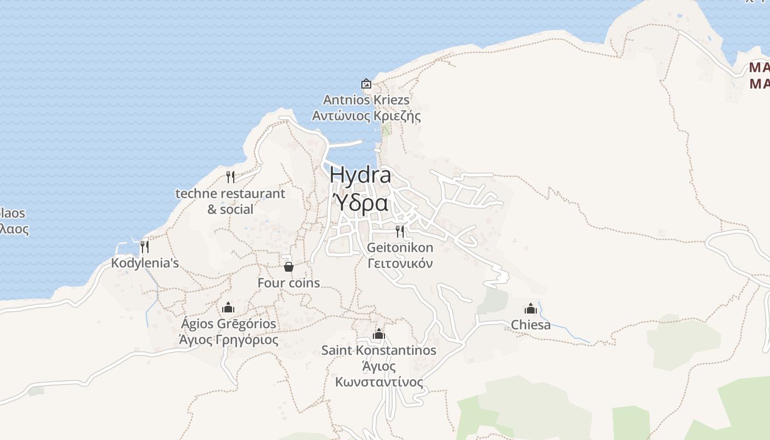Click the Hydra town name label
(360, 175)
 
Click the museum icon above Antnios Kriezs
(366, 84)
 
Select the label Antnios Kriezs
(366, 100)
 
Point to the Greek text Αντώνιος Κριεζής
(366, 116)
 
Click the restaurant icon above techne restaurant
(230, 177)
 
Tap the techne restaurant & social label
(230, 201)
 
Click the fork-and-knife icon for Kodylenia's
(145, 246)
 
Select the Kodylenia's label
(145, 263)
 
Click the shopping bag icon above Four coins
(288, 267)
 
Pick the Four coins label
(289, 283)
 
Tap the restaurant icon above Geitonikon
(400, 231)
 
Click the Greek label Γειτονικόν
(400, 263)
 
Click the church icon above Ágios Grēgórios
(228, 307)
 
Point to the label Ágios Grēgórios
(228, 324)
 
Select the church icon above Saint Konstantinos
(378, 334)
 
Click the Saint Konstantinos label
(379, 350)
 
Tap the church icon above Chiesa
(531, 309)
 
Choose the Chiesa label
(531, 325)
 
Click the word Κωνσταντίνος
(380, 382)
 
